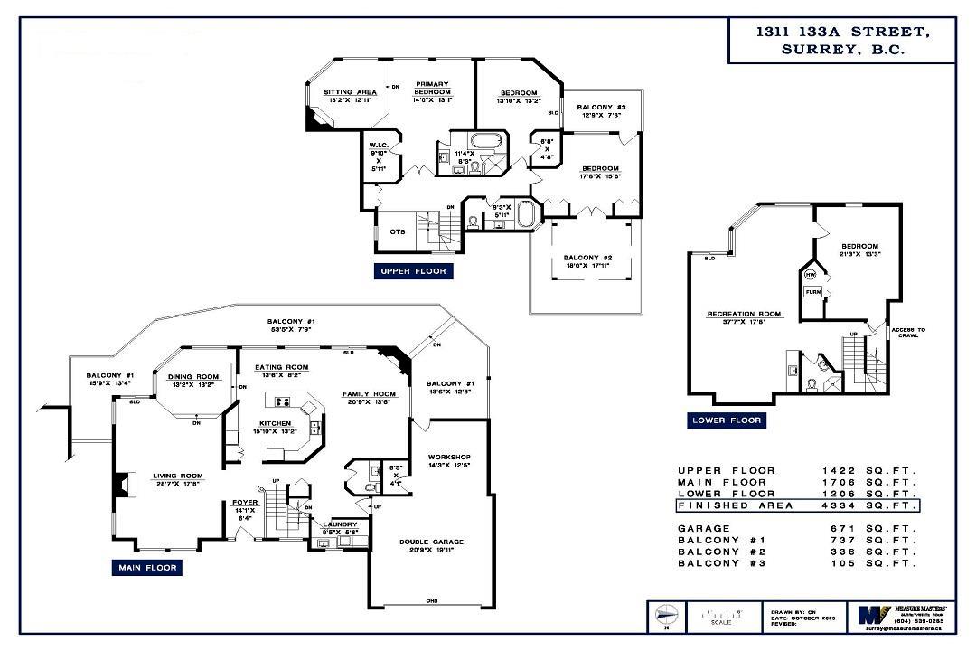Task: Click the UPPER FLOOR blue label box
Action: pyautogui.click(x=413, y=270)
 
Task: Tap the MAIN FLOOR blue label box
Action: pyautogui.click(x=147, y=568)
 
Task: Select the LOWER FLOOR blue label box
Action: pyautogui.click(x=727, y=420)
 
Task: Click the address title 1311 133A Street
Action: pyautogui.click(x=841, y=33)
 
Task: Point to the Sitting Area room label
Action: pyautogui.click(x=350, y=92)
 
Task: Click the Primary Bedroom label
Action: pyautogui.click(x=432, y=89)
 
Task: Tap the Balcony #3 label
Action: pyautogui.click(x=601, y=108)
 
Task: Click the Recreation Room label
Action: pyautogui.click(x=744, y=315)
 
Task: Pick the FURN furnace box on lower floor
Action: pyautogui.click(x=812, y=293)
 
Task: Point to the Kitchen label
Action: pyautogui.click(x=276, y=423)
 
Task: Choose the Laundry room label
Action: pyautogui.click(x=341, y=524)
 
